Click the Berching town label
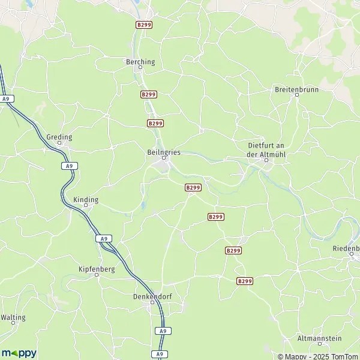point(140,61)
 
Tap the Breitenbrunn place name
point(296,89)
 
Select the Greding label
point(59,137)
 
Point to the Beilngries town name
point(163,152)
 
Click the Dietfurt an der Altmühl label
point(268,149)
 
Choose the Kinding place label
point(85,199)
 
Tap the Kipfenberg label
point(97,269)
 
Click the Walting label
point(13,317)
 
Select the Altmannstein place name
point(319,338)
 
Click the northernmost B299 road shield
point(143,25)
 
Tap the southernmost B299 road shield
point(244,281)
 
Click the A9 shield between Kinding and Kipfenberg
point(104,238)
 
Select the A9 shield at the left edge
point(7,98)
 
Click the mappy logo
point(19,353)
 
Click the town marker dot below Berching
point(140,68)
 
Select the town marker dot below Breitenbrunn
point(296,95)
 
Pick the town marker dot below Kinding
point(85,205)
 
